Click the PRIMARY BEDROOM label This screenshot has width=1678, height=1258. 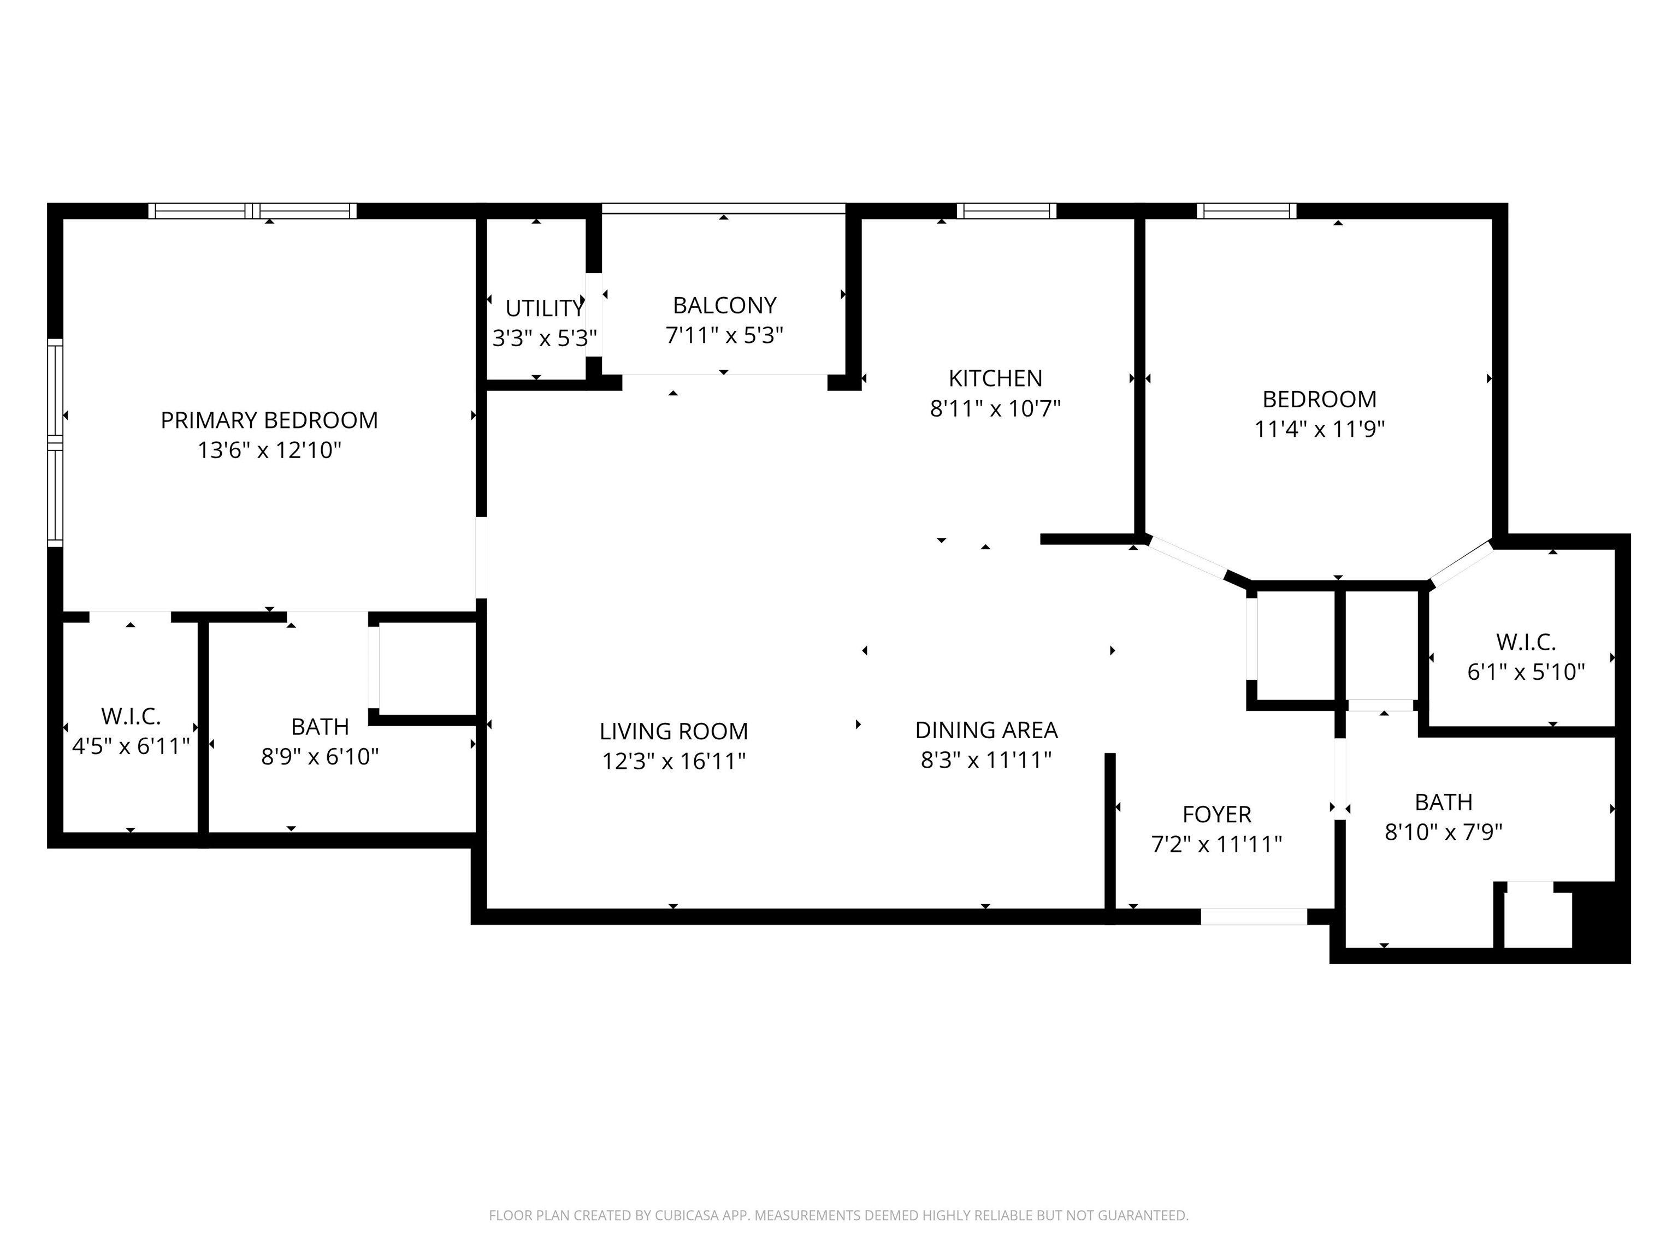(269, 420)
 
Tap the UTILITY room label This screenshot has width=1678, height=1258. (545, 308)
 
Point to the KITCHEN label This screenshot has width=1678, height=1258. (995, 378)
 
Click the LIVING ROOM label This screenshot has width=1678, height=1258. (673, 732)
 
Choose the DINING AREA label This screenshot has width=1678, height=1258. (986, 730)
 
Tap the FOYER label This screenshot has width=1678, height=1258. (1217, 815)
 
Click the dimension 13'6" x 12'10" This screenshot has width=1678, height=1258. (269, 450)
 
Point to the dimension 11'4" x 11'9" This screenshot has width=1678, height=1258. (1319, 429)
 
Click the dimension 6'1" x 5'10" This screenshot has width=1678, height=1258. (1526, 672)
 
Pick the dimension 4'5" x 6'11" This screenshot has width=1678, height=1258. (131, 746)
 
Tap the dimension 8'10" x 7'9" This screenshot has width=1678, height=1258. (1444, 833)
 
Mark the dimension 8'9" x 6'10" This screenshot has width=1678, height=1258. (320, 757)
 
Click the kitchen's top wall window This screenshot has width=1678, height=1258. (1006, 211)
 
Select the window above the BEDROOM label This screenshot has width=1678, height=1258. (1246, 211)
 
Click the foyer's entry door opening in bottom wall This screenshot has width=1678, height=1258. (1254, 917)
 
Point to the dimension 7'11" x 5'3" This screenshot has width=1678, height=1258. (724, 335)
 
